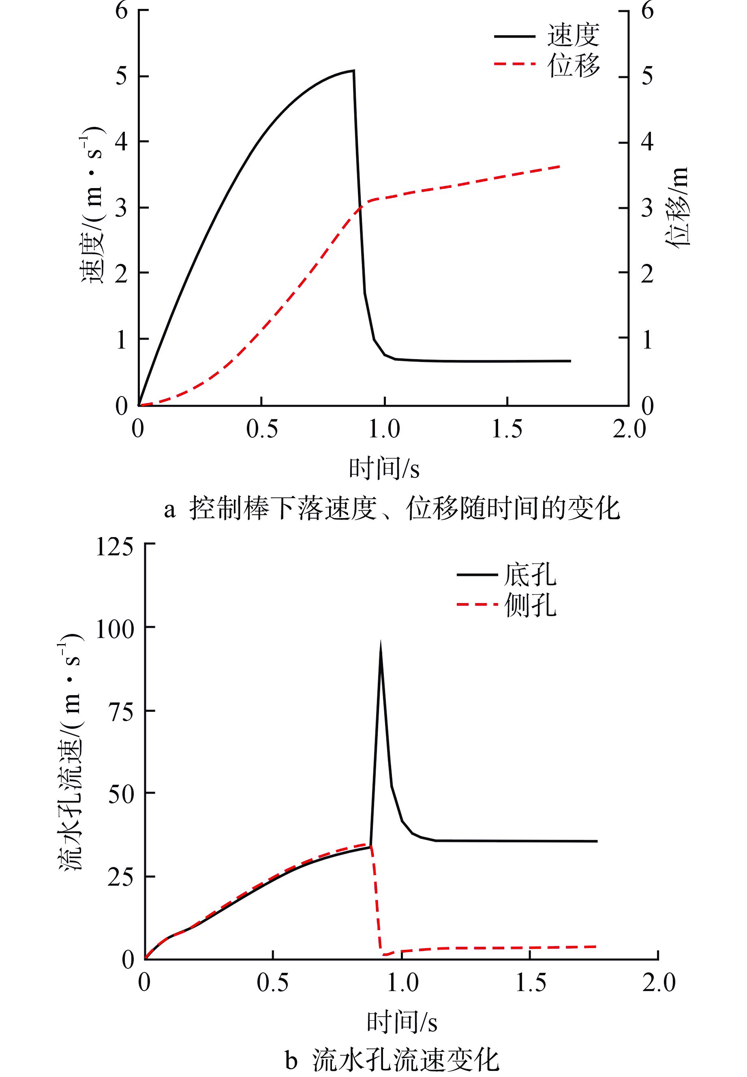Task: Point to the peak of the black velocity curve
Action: pyautogui.click(x=353, y=71)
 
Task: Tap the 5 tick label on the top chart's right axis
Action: pyautogui.click(x=647, y=76)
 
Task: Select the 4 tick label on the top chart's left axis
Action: pyautogui.click(x=121, y=141)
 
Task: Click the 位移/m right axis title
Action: pyautogui.click(x=677, y=206)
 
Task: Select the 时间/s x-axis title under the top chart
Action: pyautogui.click(x=384, y=469)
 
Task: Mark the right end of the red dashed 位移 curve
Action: pyautogui.click(x=560, y=166)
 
